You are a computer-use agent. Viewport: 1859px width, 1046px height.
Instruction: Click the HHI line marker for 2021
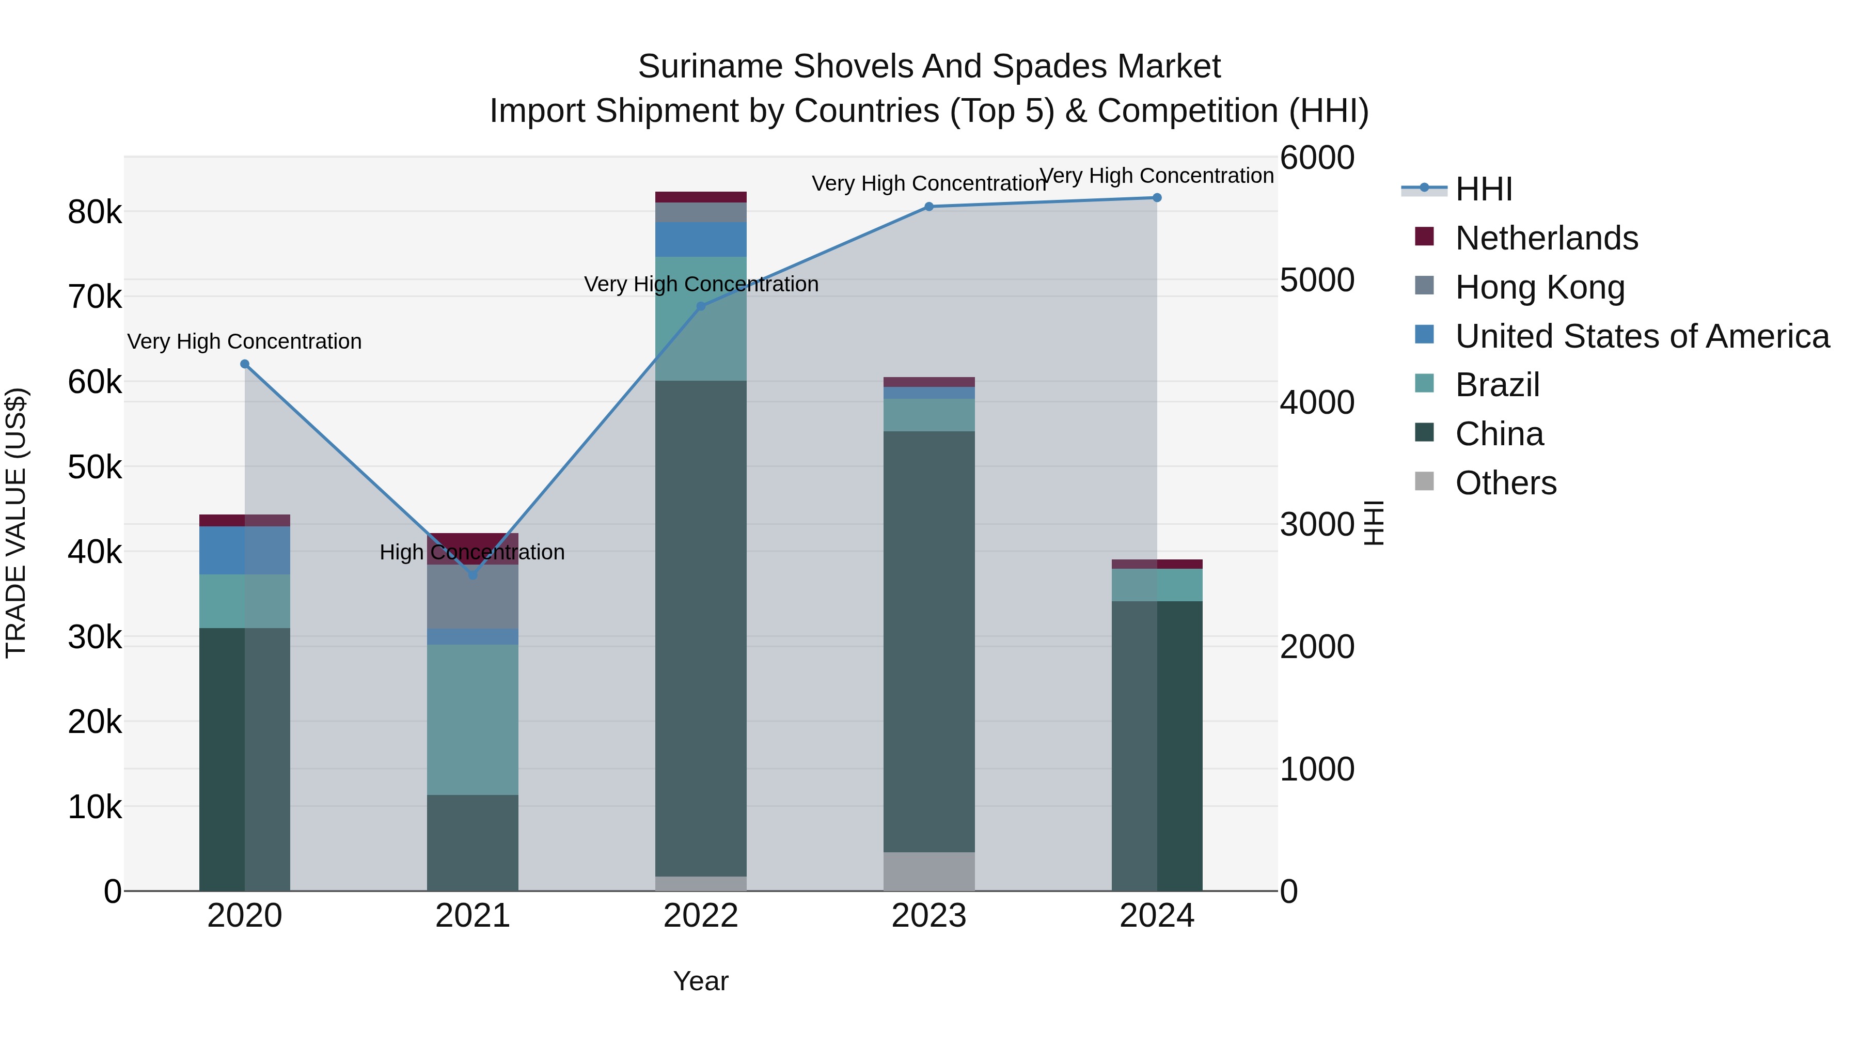point(472,575)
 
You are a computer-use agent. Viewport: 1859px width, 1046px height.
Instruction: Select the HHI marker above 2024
point(1157,198)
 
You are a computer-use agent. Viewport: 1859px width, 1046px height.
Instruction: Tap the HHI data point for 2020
point(245,365)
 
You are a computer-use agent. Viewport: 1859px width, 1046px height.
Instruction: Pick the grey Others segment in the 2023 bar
point(929,871)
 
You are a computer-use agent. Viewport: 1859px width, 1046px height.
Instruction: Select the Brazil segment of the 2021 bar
point(472,719)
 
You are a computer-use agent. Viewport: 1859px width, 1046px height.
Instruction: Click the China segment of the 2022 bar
point(701,628)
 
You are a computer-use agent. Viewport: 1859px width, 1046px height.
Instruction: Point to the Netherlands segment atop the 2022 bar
point(701,197)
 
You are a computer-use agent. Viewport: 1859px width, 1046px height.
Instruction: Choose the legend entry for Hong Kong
point(1539,287)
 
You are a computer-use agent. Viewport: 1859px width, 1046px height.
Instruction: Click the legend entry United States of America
point(1642,336)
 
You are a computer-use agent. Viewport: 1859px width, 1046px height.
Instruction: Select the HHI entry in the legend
point(1483,189)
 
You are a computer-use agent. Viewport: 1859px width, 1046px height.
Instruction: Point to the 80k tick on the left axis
point(94,212)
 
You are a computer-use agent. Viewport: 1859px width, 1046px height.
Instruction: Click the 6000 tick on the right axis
point(1317,158)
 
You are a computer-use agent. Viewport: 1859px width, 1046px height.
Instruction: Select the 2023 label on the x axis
point(929,916)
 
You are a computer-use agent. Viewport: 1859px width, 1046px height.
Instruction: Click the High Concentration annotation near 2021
point(472,552)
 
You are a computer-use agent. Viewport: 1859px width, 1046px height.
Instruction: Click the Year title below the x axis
point(701,981)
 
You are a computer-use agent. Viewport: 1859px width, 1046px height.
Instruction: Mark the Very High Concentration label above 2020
point(245,341)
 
